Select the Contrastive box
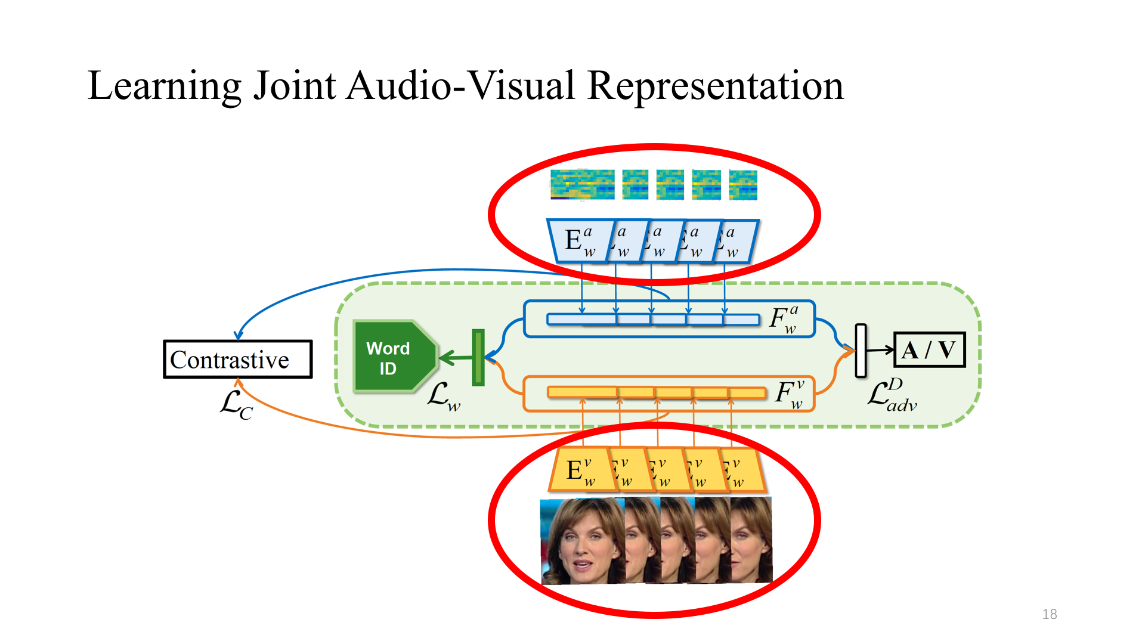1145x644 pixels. [238, 360]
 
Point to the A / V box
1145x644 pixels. [929, 350]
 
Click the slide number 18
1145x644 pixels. [1050, 614]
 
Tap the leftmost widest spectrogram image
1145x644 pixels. [582, 185]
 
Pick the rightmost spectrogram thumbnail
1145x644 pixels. [743, 185]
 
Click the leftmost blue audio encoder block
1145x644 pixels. [578, 241]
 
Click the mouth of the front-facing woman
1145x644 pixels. [581, 564]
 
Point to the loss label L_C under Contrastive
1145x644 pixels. [237, 405]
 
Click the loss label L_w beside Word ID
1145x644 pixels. [444, 397]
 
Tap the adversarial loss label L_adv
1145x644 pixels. [892, 395]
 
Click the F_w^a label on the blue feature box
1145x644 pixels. [784, 320]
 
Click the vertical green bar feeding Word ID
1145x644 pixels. [478, 357]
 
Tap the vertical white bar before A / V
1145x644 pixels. [861, 351]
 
